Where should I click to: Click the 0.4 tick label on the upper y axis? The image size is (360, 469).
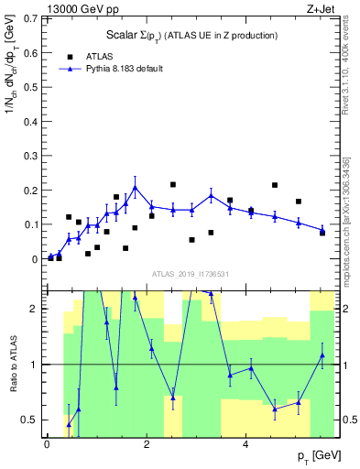point(29,121)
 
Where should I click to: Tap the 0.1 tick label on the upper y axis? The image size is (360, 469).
point(29,224)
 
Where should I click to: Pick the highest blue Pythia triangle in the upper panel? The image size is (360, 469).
point(135,188)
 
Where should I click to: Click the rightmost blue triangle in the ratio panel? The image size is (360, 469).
point(322,355)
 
